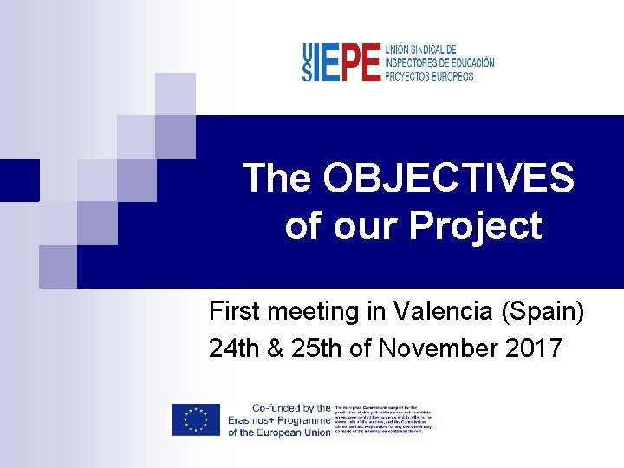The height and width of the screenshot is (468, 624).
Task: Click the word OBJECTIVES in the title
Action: click(x=447, y=179)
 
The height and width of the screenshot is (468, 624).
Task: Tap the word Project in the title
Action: click(x=475, y=226)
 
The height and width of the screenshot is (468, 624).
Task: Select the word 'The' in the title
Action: click(x=277, y=179)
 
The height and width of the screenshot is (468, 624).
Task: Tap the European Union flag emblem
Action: click(x=196, y=420)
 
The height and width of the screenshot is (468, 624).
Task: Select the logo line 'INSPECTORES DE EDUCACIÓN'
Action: click(x=439, y=63)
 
